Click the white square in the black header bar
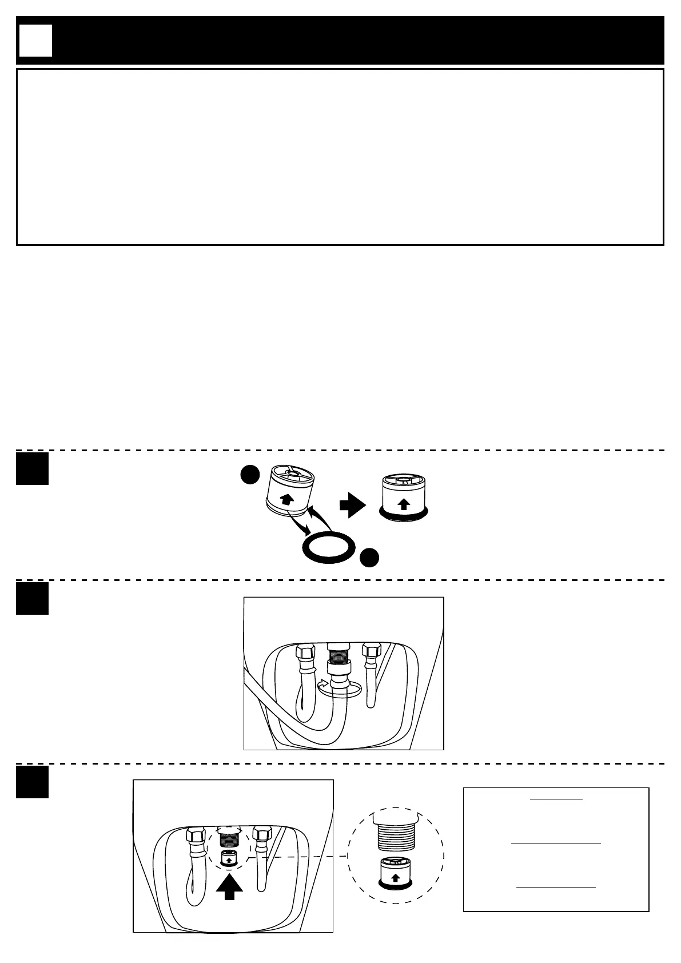(35, 41)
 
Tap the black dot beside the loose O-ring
(369, 557)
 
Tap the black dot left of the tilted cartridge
(249, 475)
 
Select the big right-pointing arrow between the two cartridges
(352, 505)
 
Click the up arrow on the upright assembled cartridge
(403, 503)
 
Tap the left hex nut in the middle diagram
(305, 652)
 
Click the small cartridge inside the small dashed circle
(229, 858)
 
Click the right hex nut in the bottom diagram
(262, 834)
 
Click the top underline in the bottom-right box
(556, 799)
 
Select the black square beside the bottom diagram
(32, 782)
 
